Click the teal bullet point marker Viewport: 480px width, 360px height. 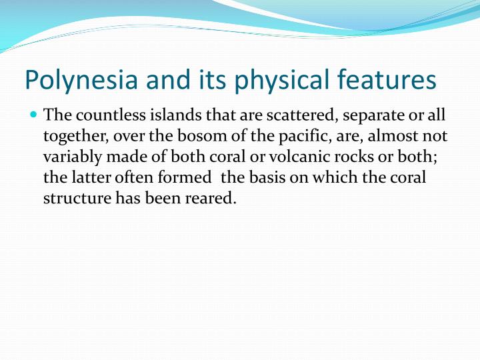click(34, 115)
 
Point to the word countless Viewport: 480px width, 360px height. click(101, 116)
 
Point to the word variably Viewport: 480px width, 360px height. click(69, 158)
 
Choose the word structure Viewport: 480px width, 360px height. click(73, 199)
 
